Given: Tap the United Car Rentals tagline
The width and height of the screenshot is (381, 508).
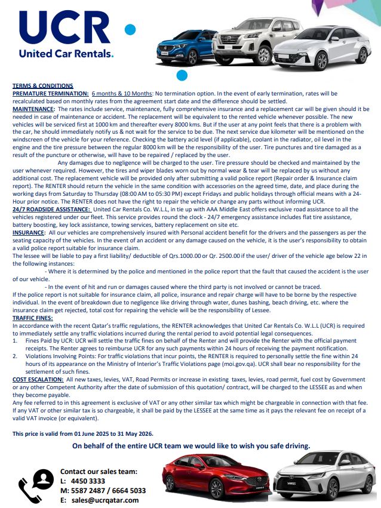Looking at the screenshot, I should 66,54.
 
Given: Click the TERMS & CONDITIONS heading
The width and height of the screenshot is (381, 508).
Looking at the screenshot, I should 42,86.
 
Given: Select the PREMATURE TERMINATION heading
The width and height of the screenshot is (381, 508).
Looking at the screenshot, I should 50,94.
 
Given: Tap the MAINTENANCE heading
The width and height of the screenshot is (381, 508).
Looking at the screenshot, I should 33,109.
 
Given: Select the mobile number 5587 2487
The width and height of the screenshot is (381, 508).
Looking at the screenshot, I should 85,491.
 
